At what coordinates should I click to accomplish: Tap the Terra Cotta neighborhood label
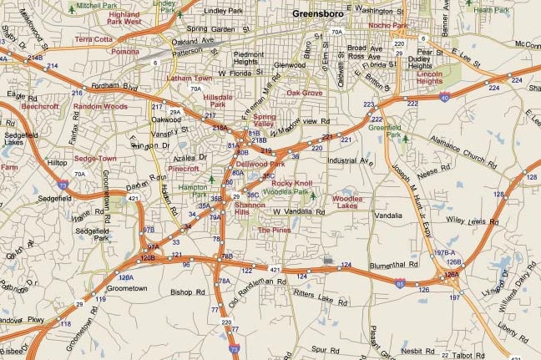93,39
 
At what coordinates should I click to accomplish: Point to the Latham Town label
190,78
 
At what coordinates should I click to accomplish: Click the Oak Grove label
305,93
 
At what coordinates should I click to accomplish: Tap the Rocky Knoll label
291,183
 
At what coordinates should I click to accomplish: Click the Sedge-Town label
95,158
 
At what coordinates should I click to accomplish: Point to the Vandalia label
388,215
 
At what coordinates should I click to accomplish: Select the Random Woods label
100,107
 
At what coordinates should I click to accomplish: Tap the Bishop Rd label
187,292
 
